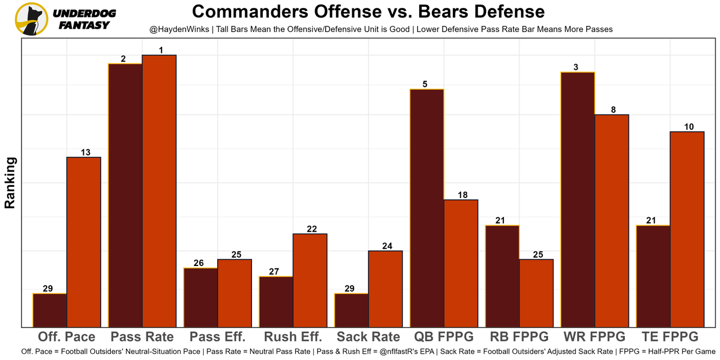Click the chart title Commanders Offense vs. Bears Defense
(368, 11)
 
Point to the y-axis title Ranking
(10, 183)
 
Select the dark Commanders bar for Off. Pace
(49, 310)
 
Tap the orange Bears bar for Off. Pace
(84, 242)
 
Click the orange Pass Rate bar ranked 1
(159, 191)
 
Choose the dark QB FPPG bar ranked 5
(427, 208)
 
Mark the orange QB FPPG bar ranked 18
(461, 263)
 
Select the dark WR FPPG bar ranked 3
(578, 199)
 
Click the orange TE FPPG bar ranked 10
(687, 229)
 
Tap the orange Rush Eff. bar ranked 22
(310, 280)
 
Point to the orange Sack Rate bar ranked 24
(385, 289)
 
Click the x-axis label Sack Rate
(368, 337)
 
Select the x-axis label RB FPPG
(519, 337)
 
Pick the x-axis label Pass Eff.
(218, 337)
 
